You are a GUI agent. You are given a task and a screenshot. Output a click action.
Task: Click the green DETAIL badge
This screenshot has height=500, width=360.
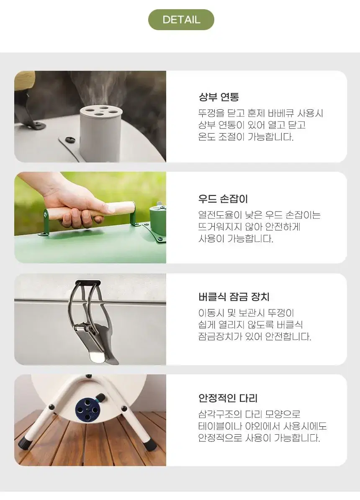point(181,20)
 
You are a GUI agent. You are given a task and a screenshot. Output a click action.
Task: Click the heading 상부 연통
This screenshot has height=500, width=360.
point(219,97)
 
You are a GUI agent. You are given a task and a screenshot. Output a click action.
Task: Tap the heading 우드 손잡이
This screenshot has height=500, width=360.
point(223,198)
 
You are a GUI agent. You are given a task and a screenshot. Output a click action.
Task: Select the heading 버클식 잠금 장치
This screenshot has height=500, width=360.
point(234,297)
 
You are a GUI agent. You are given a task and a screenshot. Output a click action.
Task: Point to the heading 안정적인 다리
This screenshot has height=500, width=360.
point(228,398)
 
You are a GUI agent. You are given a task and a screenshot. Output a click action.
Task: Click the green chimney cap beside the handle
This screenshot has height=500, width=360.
point(158,220)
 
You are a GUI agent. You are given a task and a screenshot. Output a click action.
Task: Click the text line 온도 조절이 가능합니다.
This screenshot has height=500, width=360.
point(246,137)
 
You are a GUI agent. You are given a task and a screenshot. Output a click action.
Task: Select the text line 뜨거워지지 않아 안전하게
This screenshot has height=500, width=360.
point(249,227)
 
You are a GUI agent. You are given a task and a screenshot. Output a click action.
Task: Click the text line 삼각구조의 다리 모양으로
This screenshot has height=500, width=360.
point(249,414)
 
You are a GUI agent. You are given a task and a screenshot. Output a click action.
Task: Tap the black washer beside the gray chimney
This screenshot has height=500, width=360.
point(69,140)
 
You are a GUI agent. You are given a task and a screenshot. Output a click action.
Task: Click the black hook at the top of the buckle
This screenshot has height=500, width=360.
point(88,283)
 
